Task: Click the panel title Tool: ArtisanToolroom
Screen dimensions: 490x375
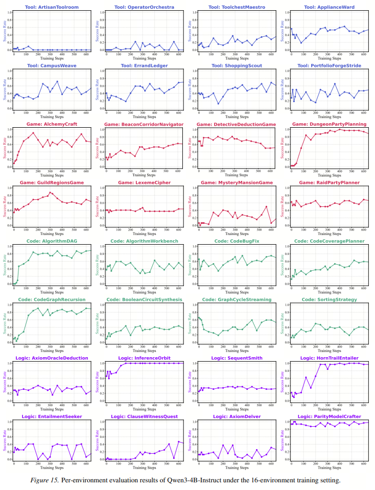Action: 51,7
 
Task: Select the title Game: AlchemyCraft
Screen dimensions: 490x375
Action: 51,124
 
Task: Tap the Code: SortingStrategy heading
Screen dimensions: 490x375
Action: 329,299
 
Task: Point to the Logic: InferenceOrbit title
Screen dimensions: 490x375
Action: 144,358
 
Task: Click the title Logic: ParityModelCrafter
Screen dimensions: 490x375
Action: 329,416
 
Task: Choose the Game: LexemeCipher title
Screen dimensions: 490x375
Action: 144,182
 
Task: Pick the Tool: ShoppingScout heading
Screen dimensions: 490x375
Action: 236,65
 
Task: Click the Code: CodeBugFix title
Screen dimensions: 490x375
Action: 236,241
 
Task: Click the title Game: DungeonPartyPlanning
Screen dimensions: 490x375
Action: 329,124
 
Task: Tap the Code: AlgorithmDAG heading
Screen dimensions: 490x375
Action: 51,241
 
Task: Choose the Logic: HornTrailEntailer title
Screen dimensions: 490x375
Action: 329,358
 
